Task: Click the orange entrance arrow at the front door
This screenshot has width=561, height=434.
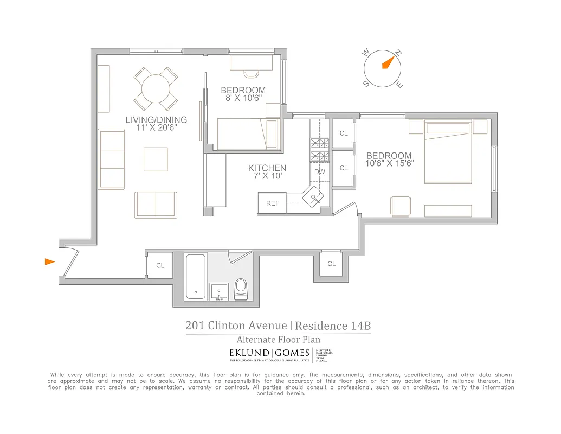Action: click(x=49, y=262)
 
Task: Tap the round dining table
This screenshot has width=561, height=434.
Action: click(x=156, y=88)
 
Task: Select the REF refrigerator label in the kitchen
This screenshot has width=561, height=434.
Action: click(x=273, y=203)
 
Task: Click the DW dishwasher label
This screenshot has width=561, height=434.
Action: click(x=320, y=172)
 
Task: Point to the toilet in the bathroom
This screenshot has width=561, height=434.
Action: click(x=241, y=289)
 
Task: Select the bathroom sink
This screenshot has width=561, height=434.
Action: click(x=219, y=291)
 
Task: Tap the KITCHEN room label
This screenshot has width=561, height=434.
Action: click(x=267, y=168)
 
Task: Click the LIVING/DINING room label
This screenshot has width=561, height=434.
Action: click(x=156, y=120)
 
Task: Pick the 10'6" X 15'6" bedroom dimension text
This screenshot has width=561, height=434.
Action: click(x=390, y=163)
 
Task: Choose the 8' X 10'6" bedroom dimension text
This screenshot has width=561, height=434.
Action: click(x=243, y=98)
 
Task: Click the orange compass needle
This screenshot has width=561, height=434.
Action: click(x=388, y=62)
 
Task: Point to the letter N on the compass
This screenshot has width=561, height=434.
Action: click(x=399, y=53)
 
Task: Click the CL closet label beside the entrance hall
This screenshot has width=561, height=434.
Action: click(x=160, y=266)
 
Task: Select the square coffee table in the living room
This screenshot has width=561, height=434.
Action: click(x=156, y=159)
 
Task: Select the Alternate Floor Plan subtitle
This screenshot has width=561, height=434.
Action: click(x=278, y=340)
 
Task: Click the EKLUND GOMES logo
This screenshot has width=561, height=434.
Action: click(x=270, y=353)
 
